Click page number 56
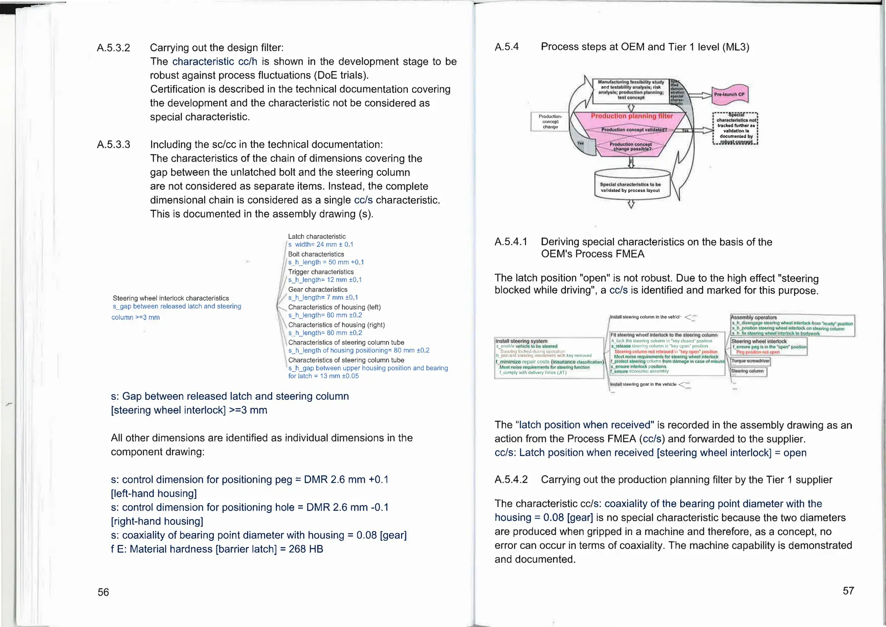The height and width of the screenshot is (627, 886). pos(103,592)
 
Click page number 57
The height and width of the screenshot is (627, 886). pos(848,591)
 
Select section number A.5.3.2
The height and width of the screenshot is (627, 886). pos(113,48)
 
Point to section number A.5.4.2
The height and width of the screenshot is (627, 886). pos(511,479)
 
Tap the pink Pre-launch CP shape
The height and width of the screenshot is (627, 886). pos(730,94)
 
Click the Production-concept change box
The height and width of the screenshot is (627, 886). pos(550,122)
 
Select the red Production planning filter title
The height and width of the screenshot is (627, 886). pos(631,116)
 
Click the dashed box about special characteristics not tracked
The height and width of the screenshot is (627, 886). pos(735,129)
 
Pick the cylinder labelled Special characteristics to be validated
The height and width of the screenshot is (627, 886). pos(632,187)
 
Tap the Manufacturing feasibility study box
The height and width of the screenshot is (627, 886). pos(630,90)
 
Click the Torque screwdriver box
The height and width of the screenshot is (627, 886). pos(750,361)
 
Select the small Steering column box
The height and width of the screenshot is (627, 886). pos(748,371)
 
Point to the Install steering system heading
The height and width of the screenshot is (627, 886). pos(521,341)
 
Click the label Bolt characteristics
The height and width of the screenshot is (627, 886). pos(316,254)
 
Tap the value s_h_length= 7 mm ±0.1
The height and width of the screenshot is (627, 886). pos(323,297)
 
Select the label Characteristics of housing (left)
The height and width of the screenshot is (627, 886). pos(334,307)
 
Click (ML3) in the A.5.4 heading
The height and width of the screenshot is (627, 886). pos(735,47)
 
